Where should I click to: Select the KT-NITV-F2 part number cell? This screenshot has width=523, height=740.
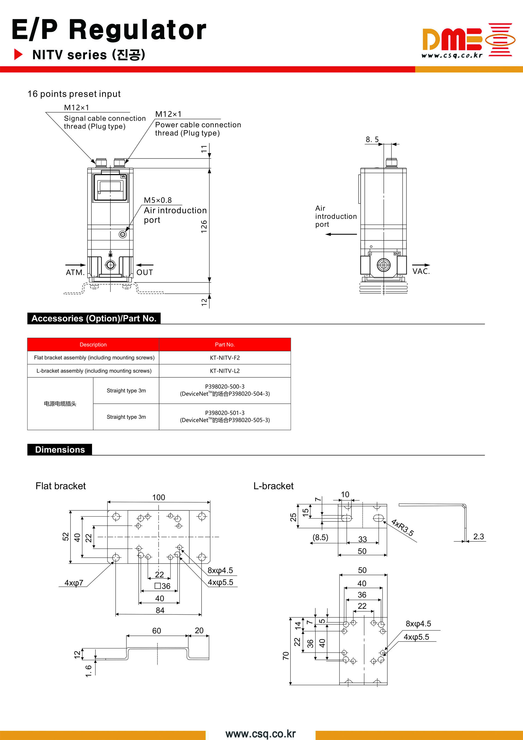(225, 358)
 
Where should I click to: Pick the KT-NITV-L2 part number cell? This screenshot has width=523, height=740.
(225, 371)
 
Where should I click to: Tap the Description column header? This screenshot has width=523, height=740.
(93, 345)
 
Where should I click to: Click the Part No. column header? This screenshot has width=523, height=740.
(225, 345)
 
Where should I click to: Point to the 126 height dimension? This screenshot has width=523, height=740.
(204, 227)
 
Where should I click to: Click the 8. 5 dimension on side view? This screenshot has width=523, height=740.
(372, 139)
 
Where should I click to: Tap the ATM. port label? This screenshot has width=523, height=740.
(75, 272)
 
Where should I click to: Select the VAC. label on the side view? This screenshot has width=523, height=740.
(421, 271)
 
